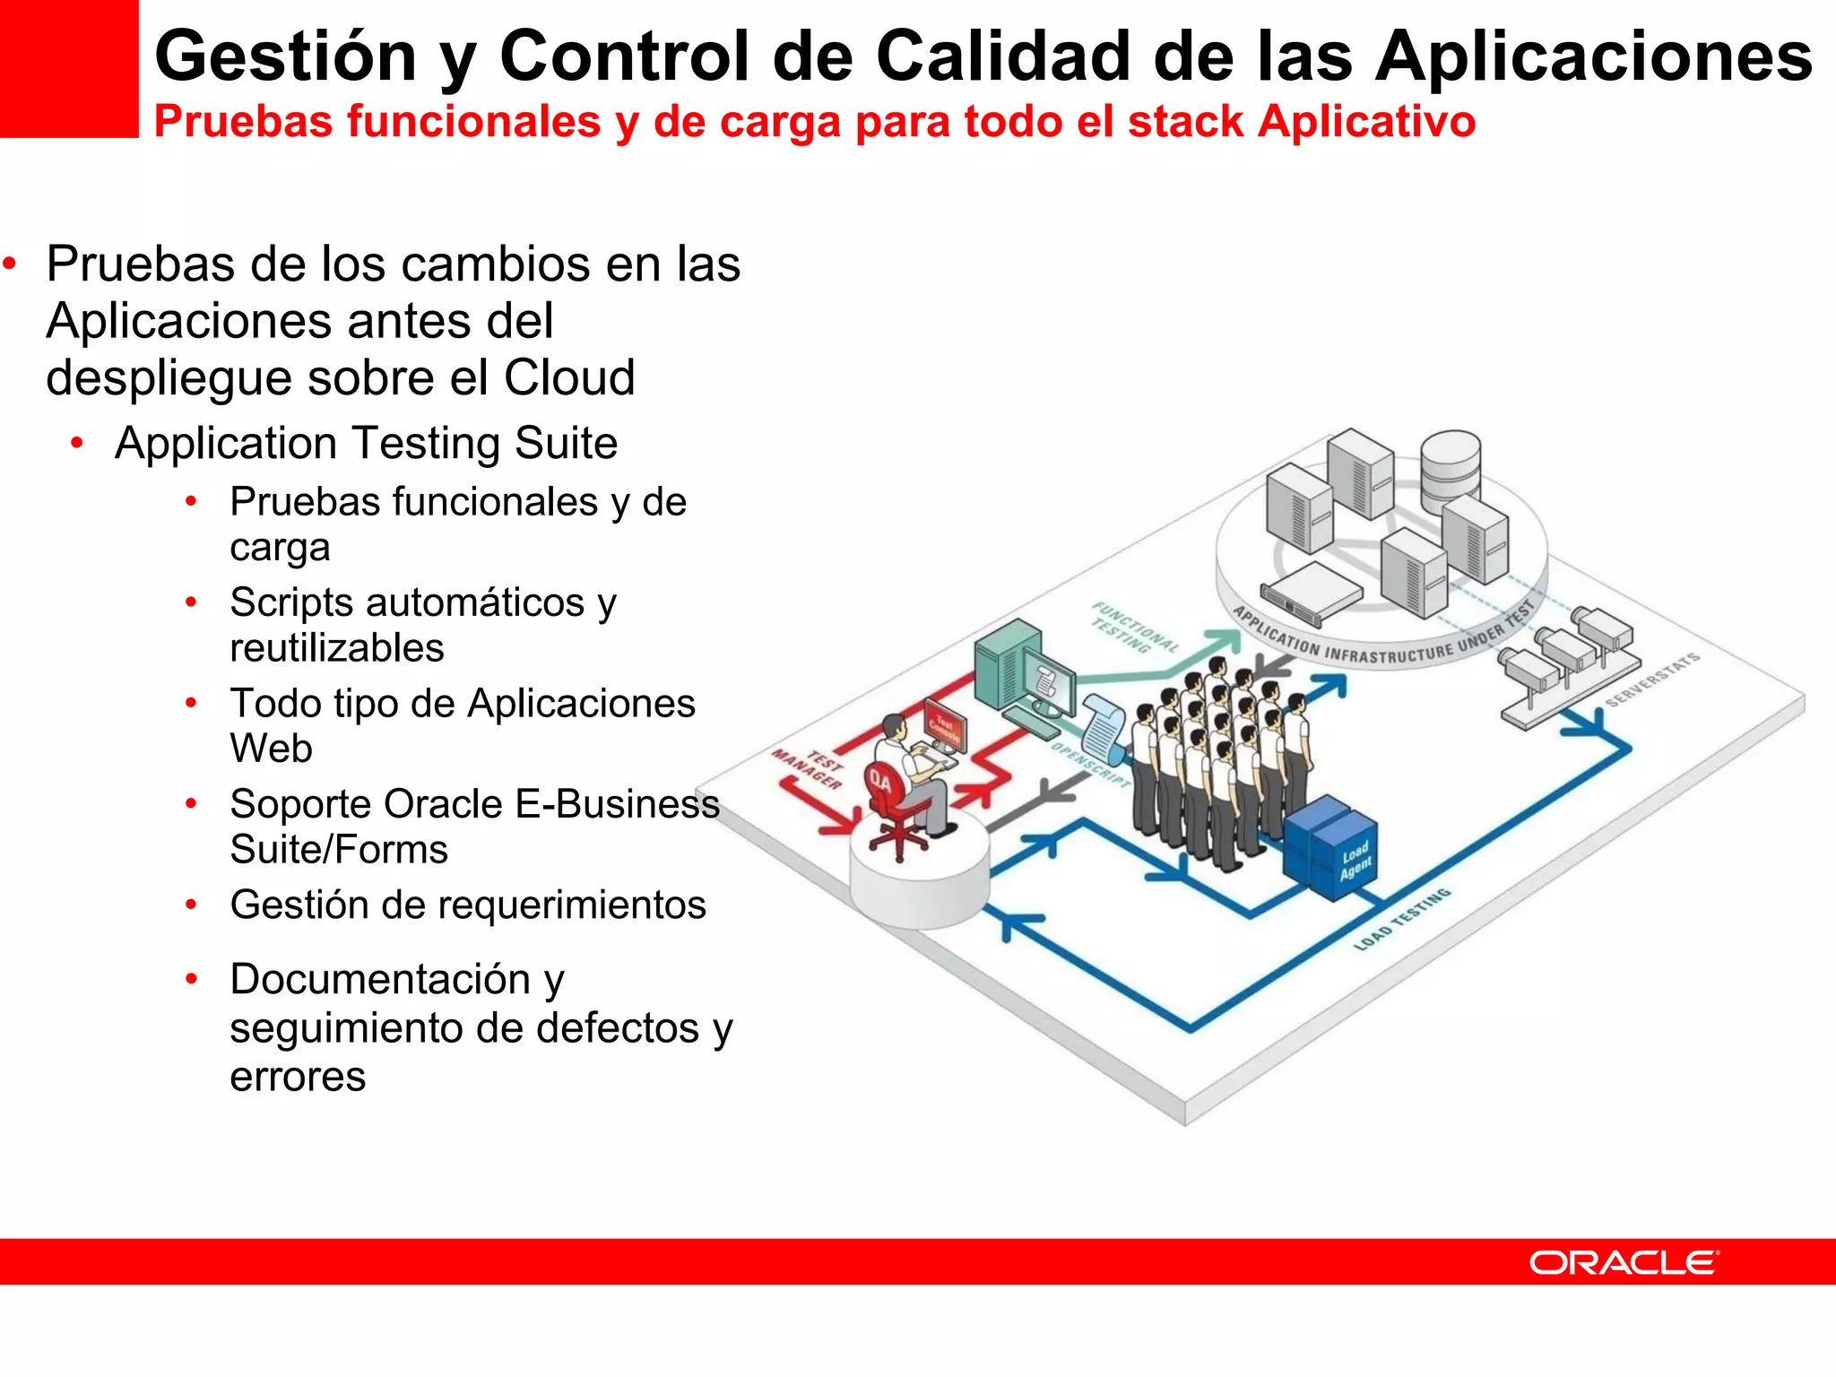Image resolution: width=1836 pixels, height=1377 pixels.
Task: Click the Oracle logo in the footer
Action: pos(1624,1262)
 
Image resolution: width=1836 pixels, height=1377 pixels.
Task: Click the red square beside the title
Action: pos(69,68)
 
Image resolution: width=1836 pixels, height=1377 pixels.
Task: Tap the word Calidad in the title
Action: pos(1002,56)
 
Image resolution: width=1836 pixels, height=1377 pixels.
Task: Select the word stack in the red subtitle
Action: pos(1185,121)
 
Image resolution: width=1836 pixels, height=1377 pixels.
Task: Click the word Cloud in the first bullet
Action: pos(569,377)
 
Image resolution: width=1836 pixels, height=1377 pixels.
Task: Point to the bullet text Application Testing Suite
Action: pos(366,443)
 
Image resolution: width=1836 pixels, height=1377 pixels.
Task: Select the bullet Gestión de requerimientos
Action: pos(467,905)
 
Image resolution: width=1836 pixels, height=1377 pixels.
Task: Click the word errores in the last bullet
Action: pos(298,1077)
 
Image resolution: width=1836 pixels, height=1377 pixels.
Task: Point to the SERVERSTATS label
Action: pos(1651,680)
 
